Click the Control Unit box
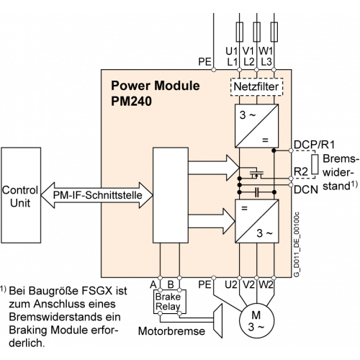[x=21, y=195]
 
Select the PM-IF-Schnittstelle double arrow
[x=97, y=195]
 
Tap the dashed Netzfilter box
[x=256, y=87]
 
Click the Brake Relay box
[x=170, y=302]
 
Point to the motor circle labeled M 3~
[x=256, y=320]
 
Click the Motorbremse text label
[x=171, y=331]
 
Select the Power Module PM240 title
[x=155, y=93]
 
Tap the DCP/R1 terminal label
[x=314, y=145]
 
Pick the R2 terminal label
[x=301, y=172]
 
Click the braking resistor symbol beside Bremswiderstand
[x=315, y=164]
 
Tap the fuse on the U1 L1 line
[x=240, y=32]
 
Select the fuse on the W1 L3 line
[x=274, y=32]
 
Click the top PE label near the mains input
[x=204, y=62]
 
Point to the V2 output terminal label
[x=248, y=284]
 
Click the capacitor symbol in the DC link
[x=257, y=192]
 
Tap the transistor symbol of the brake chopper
[x=256, y=174]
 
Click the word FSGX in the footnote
[x=97, y=291]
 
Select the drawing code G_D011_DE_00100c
[x=297, y=245]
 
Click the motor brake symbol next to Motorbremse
[x=217, y=320]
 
